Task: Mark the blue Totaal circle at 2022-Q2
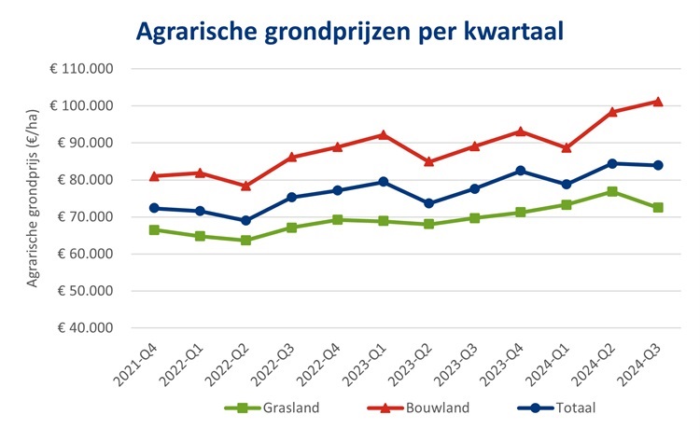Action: (x=246, y=221)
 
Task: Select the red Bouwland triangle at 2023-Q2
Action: (x=429, y=161)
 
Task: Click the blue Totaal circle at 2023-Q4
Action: (x=521, y=171)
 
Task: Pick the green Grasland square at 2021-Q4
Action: (x=155, y=229)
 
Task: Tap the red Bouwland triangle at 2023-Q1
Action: (x=384, y=134)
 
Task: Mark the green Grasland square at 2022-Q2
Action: (x=246, y=241)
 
